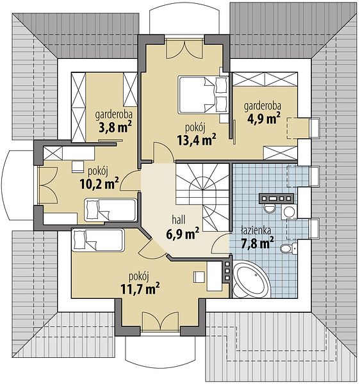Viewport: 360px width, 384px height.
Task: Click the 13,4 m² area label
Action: (197, 140)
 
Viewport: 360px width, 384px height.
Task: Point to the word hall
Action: (179, 220)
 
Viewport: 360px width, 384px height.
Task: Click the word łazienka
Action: (256, 230)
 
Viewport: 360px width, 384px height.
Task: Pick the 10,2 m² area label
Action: (99, 184)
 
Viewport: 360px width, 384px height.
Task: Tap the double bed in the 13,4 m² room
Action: (203, 95)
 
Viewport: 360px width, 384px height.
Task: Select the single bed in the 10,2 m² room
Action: (110, 210)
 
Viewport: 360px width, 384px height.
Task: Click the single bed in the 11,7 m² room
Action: (98, 240)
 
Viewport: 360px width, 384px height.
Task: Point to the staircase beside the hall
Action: (202, 197)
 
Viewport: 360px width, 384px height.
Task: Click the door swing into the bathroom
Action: (220, 243)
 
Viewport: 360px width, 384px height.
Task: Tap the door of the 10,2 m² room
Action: (131, 180)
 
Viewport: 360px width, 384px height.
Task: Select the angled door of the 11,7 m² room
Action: (152, 248)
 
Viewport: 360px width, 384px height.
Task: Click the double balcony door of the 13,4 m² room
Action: (184, 49)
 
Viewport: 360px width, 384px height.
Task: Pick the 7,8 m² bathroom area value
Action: (257, 243)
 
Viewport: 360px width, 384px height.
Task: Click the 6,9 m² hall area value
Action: (183, 234)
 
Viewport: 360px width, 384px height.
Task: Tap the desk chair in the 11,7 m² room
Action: (199, 276)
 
